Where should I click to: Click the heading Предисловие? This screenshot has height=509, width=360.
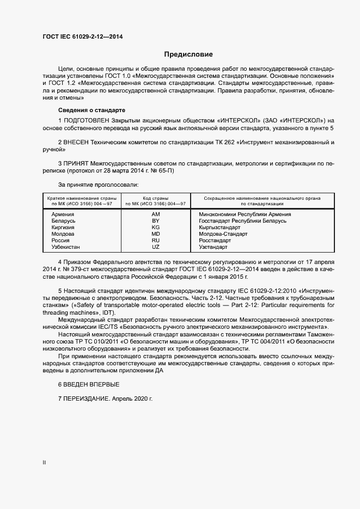pos(188,54)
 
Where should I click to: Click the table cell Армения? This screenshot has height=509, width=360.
pos(63,214)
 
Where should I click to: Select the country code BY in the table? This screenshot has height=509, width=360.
pos(156,221)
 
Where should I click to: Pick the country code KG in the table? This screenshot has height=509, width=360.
pos(156,228)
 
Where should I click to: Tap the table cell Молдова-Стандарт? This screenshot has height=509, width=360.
pos(223,234)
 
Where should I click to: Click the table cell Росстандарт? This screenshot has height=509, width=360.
pos(215,241)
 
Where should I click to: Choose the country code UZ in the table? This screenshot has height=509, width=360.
pos(156,247)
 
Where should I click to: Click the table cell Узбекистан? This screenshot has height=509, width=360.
pos(65,247)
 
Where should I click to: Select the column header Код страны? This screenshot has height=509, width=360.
pos(156,198)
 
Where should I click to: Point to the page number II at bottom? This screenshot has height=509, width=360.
pos(45,463)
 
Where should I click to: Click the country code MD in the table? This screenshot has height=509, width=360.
pos(156,234)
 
